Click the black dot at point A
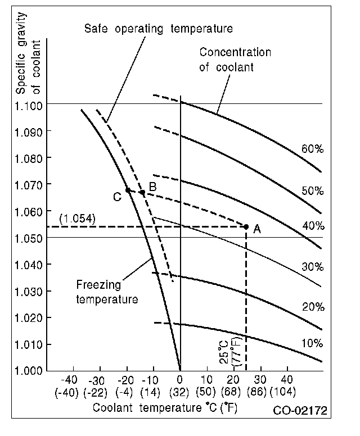[246, 226]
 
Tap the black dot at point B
[142, 192]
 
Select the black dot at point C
[128, 190]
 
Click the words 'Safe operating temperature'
[158, 28]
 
